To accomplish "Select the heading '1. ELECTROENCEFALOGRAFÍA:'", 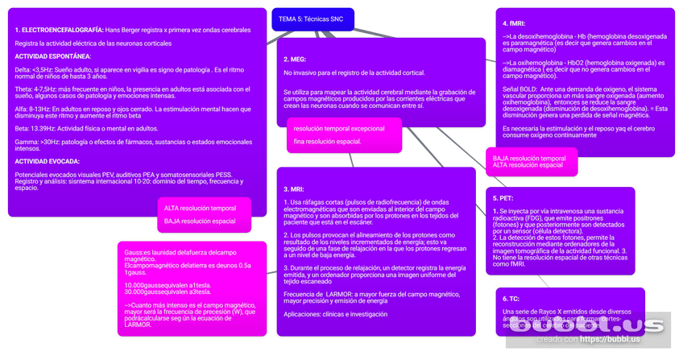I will coord(59,30).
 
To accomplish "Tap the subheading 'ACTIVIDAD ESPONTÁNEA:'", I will coord(53,56).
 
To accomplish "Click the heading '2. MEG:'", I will coord(295,60).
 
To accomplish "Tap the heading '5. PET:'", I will coord(503,198).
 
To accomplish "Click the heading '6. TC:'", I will coord(511,299).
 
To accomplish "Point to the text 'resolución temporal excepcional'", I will coord(339,129).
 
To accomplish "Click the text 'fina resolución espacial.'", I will coord(327,142).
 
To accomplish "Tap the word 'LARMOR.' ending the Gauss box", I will coord(138,325).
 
